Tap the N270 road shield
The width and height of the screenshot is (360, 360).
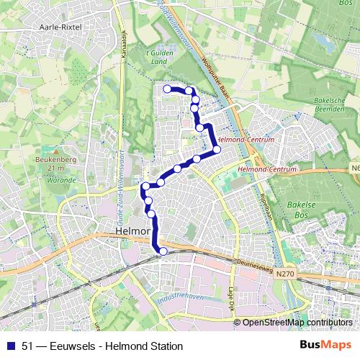click(x=287, y=274)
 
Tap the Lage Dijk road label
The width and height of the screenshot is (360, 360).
click(x=231, y=299)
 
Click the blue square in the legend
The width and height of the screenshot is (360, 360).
click(x=10, y=346)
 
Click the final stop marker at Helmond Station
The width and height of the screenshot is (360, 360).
click(x=163, y=251)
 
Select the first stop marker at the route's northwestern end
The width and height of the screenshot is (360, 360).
click(x=167, y=89)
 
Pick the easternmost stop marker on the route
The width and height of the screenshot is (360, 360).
click(x=217, y=150)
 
